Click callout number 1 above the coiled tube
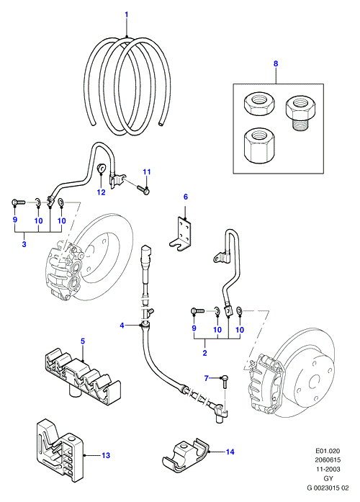pyautogui.click(x=127, y=14)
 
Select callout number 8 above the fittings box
pyautogui.click(x=276, y=63)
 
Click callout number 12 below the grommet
pyautogui.click(x=101, y=192)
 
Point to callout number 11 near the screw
pyautogui.click(x=147, y=172)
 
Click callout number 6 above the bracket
pyautogui.click(x=186, y=197)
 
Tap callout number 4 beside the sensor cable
pyautogui.click(x=122, y=326)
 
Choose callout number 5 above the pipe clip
pyautogui.click(x=83, y=341)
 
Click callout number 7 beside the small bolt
pyautogui.click(x=207, y=378)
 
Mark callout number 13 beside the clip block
pyautogui.click(x=106, y=455)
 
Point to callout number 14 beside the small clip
pyautogui.click(x=230, y=452)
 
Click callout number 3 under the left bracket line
pyautogui.click(x=24, y=244)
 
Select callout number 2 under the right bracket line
pyautogui.click(x=204, y=353)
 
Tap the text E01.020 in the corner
pyautogui.click(x=328, y=451)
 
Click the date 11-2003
pyautogui.click(x=328, y=470)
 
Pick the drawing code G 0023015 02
pyautogui.click(x=328, y=488)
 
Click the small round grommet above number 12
pyautogui.click(x=102, y=167)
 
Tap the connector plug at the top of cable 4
pyautogui.click(x=145, y=255)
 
